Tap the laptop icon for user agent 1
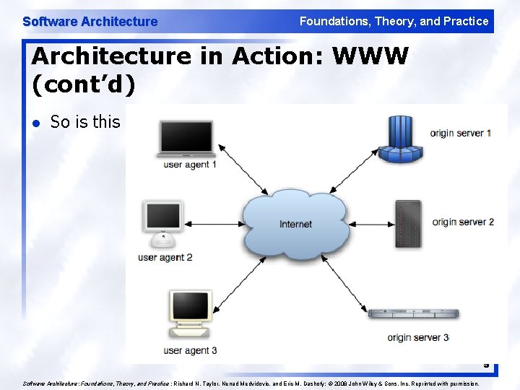[187, 139]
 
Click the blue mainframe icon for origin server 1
[399, 139]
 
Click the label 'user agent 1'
[191, 165]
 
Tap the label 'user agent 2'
[165, 257]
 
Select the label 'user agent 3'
[191, 350]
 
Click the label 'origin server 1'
[461, 133]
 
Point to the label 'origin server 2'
[463, 222]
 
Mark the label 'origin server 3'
[418, 337]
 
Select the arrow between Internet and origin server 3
[347, 278]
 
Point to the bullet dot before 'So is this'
[37, 123]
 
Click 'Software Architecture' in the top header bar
[90, 22]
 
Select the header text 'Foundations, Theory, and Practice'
[394, 21]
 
